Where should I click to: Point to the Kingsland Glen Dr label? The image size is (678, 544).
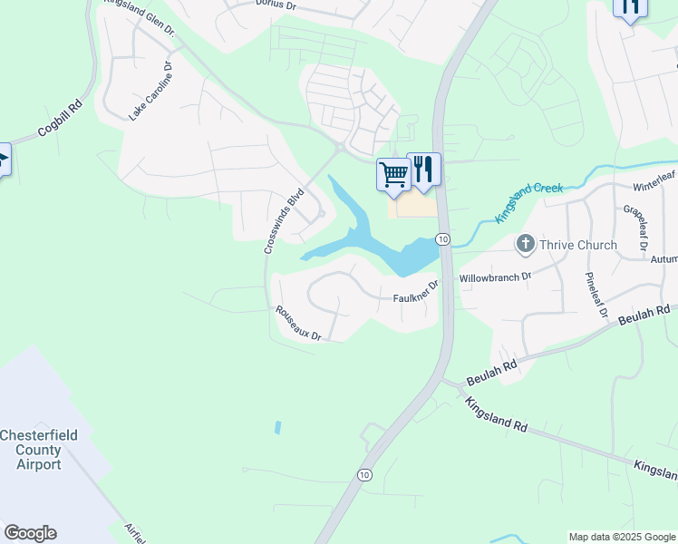click(139, 16)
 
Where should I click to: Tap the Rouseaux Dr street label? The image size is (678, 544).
click(299, 323)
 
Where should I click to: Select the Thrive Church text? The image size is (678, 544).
click(578, 245)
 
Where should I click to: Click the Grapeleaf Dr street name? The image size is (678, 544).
click(634, 227)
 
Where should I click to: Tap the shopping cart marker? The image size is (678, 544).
click(393, 174)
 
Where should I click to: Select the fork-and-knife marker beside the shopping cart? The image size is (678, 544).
click(423, 169)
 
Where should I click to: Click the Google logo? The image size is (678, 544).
click(30, 533)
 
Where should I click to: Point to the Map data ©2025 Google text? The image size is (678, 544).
click(622, 537)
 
